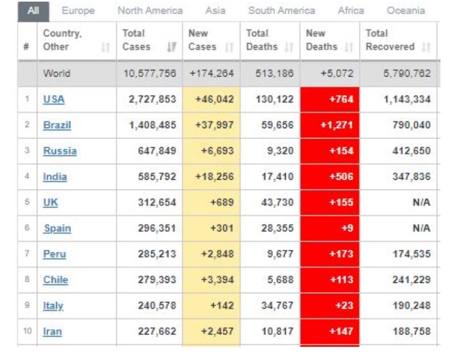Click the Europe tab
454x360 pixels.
coord(79,10)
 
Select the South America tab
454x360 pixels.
coord(282,10)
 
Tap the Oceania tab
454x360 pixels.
coord(405,10)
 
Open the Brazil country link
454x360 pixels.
coord(57,125)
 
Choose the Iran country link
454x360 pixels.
coord(52,331)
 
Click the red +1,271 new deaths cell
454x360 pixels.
coord(332,125)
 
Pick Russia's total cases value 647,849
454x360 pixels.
coord(154,151)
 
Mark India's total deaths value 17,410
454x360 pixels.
coord(277,177)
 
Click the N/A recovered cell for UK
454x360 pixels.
coord(420,203)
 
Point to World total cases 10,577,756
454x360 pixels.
coord(150,73)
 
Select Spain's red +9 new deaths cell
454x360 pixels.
coord(332,228)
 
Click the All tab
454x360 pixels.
coord(34,10)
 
